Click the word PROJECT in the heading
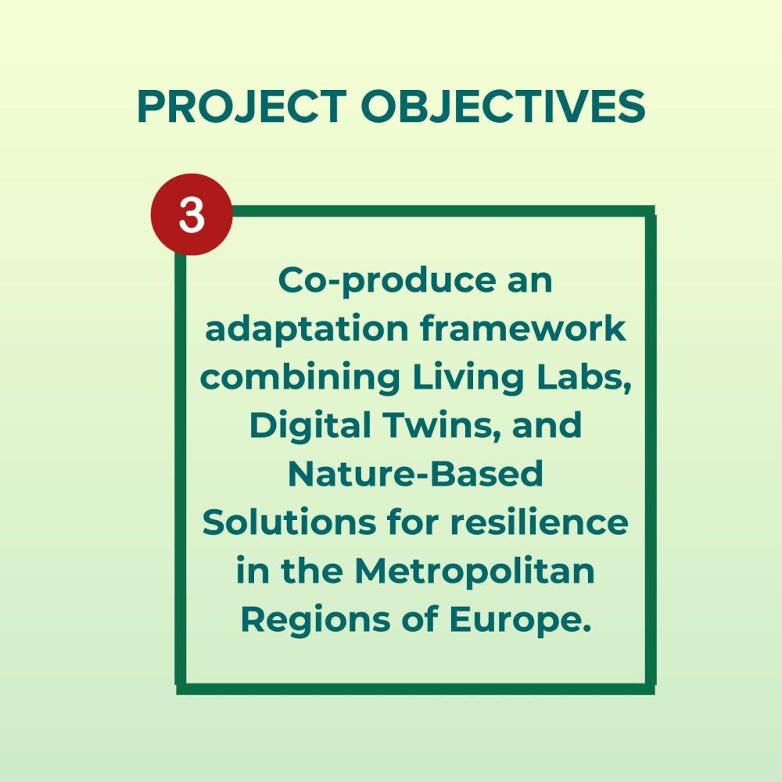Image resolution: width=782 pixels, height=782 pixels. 242,106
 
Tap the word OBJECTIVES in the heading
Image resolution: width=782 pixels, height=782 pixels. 503,106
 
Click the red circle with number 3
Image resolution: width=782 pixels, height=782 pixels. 192,214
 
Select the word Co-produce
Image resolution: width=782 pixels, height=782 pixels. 387,282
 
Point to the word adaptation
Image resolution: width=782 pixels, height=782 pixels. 307,330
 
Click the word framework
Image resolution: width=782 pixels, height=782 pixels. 523,328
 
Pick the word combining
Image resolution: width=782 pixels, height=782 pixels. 300,378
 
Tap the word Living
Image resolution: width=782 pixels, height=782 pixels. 468,378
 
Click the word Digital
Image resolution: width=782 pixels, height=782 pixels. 310,426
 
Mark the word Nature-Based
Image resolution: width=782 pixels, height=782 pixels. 415,474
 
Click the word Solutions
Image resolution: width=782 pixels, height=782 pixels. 289,522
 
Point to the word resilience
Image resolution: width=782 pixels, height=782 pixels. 539,522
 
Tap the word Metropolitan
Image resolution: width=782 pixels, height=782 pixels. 475,571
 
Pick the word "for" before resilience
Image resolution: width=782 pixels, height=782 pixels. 413,522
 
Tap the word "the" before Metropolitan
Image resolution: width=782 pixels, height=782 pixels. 312,570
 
